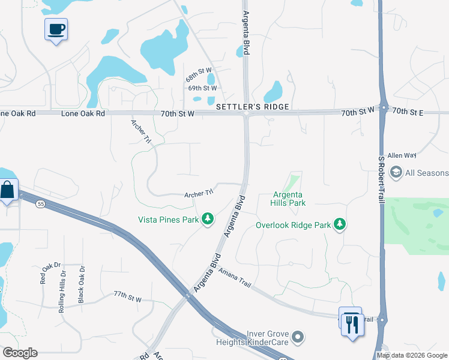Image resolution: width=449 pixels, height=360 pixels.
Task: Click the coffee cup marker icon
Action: click(x=56, y=29)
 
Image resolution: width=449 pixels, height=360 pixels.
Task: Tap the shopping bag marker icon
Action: click(x=8, y=191)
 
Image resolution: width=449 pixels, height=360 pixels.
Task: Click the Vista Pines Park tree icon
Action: click(x=208, y=220)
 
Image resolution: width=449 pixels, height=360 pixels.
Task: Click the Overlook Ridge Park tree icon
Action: click(x=340, y=224)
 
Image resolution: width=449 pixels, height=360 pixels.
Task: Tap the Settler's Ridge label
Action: click(x=253, y=107)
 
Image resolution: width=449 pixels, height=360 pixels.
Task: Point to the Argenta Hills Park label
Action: click(x=289, y=199)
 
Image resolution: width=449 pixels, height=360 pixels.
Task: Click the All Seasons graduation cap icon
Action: click(x=396, y=173)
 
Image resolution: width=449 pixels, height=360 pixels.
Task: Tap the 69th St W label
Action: click(x=202, y=88)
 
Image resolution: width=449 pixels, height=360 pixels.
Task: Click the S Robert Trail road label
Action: click(x=381, y=180)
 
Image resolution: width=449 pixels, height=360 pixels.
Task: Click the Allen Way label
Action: click(x=402, y=155)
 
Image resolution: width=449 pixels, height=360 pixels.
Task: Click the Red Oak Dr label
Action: click(x=43, y=273)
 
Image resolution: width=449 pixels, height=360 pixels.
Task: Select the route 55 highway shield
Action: click(x=40, y=204)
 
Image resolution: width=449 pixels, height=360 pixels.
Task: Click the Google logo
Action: click(x=20, y=353)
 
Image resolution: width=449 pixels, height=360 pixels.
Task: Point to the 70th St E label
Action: click(x=408, y=112)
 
